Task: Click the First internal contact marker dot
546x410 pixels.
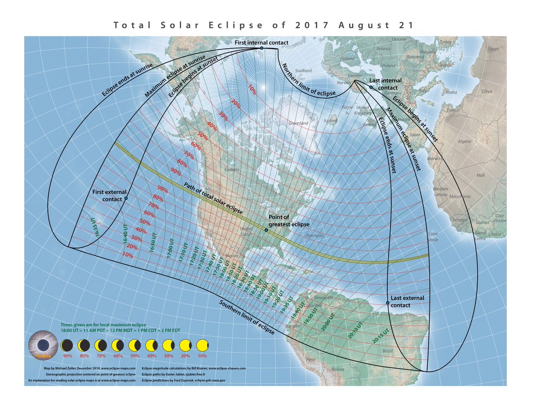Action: point(262,48)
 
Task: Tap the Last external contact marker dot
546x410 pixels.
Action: point(388,303)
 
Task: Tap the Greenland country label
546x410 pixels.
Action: point(298,123)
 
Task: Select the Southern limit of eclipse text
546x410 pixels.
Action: point(247,318)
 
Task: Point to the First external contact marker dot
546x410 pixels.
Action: point(126,198)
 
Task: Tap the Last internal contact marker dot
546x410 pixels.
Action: point(371,87)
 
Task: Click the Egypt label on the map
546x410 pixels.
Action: point(493,48)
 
